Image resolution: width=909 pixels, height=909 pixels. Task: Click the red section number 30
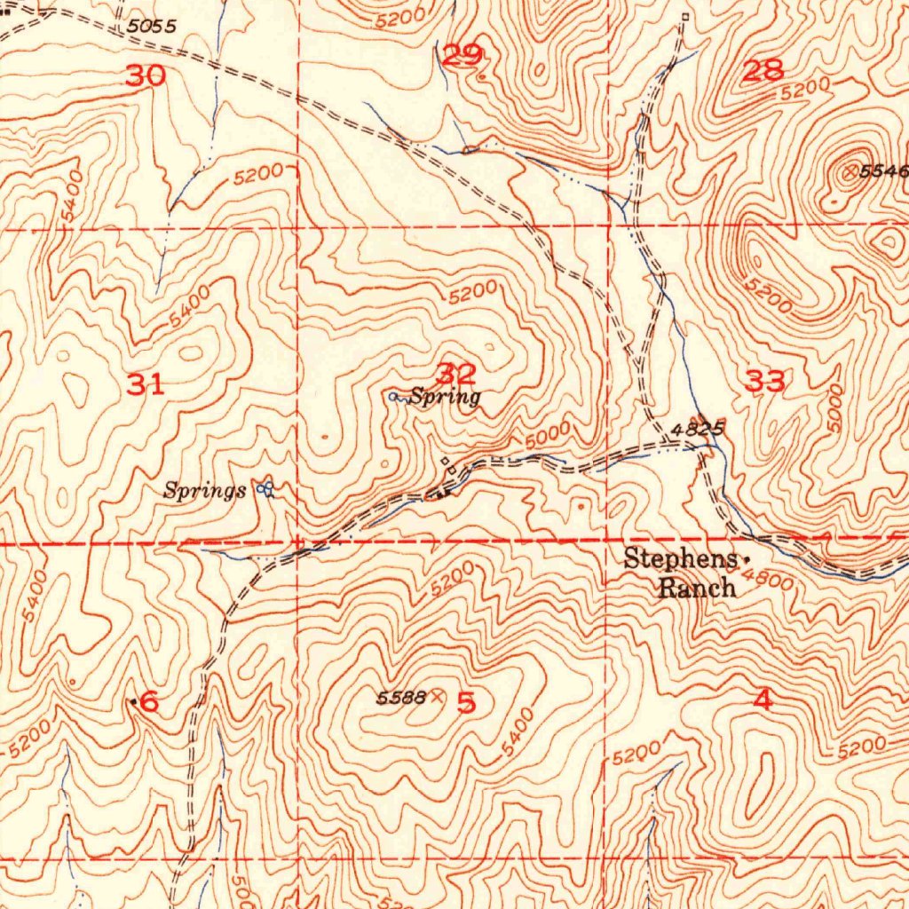point(146,76)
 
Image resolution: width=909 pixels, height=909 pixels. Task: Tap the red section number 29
point(462,57)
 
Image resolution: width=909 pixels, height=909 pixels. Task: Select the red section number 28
point(763,71)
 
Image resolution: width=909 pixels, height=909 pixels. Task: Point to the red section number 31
point(146,385)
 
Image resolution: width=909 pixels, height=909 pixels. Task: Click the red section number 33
point(765,383)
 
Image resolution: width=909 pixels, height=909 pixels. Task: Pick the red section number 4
point(763,700)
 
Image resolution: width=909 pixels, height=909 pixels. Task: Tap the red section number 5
point(466,703)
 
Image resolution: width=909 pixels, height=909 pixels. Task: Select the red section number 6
point(149,702)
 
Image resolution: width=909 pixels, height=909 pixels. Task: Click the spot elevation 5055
point(150,28)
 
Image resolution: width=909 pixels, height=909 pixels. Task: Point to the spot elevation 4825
point(698,429)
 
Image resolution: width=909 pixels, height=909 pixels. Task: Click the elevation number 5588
point(401,698)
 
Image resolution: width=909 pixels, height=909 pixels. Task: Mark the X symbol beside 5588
point(436,698)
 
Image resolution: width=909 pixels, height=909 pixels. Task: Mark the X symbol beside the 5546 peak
point(850,172)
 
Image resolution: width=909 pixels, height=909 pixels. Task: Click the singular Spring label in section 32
point(445,397)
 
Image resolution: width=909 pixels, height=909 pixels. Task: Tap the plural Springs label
point(205,490)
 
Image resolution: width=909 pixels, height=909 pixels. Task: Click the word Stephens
point(680,558)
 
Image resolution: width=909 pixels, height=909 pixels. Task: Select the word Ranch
point(697,587)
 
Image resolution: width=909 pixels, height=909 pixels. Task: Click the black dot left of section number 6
point(134,702)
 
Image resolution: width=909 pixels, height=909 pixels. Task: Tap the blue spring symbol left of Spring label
point(393,397)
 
